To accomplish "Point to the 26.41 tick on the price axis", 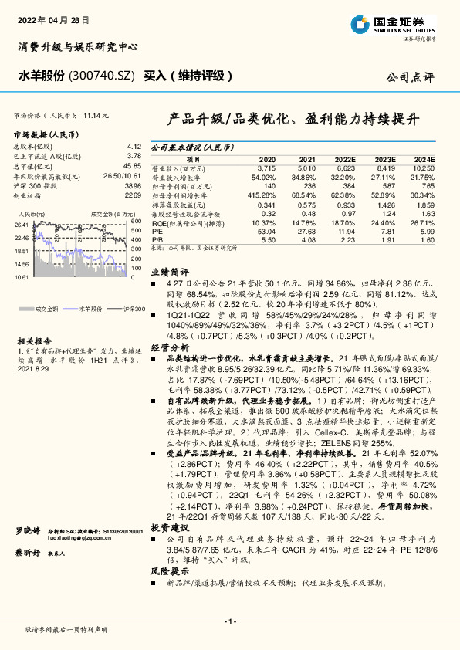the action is pyautogui.click(x=22, y=224).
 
